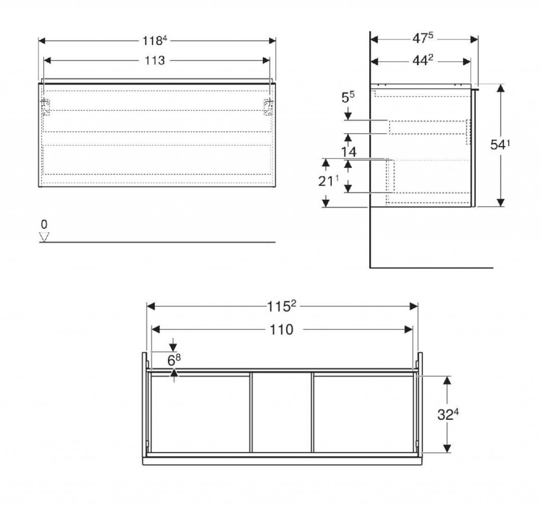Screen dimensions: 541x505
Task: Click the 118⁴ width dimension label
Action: click(x=155, y=41)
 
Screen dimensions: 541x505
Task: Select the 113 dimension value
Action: click(x=154, y=61)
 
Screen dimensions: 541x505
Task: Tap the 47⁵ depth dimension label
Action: click(x=423, y=38)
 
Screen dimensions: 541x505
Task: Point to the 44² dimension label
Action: click(x=423, y=61)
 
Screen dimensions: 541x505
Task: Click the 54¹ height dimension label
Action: click(x=500, y=145)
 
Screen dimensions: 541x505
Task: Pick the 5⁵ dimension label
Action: click(x=348, y=98)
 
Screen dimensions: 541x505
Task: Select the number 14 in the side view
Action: click(x=349, y=152)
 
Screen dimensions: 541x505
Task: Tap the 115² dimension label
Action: click(x=282, y=306)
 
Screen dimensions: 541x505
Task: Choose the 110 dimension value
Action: click(x=281, y=330)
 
